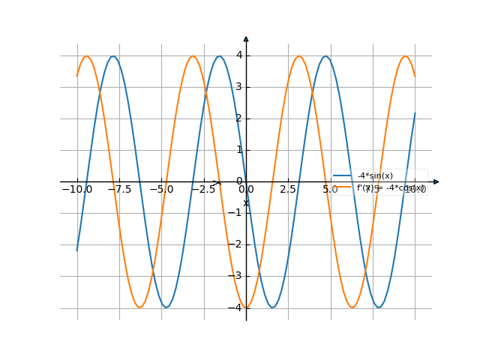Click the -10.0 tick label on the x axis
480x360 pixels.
pyautogui.click(x=77, y=190)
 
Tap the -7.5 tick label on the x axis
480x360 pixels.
pyautogui.click(x=119, y=190)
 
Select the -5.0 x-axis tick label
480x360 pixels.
pyautogui.click(x=161, y=190)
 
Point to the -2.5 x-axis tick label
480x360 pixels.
pyautogui.click(x=203, y=190)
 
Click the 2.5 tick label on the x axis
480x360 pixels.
pyautogui.click(x=288, y=190)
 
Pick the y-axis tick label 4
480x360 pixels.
pyautogui.click(x=238, y=55)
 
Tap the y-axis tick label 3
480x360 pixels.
pyautogui.click(x=238, y=87)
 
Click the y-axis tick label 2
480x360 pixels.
pyautogui.click(x=238, y=118)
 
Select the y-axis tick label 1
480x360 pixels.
pyautogui.click(x=238, y=150)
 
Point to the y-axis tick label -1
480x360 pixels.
pyautogui.click(x=237, y=213)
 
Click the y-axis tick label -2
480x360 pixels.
pyautogui.click(x=237, y=244)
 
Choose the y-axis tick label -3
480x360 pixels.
pyautogui.click(x=237, y=276)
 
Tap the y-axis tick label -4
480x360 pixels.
pyautogui.click(x=237, y=307)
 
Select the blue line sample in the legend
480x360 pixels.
pyautogui.click(x=343, y=176)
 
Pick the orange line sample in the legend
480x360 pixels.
pyautogui.click(x=343, y=187)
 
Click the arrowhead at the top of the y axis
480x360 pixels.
pyautogui.click(x=246, y=38)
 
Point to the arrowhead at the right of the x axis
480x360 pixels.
pyautogui.click(x=436, y=181)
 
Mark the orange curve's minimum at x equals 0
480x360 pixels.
pyautogui.click(x=246, y=307)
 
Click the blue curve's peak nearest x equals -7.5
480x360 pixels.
pyautogui.click(x=113, y=56)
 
